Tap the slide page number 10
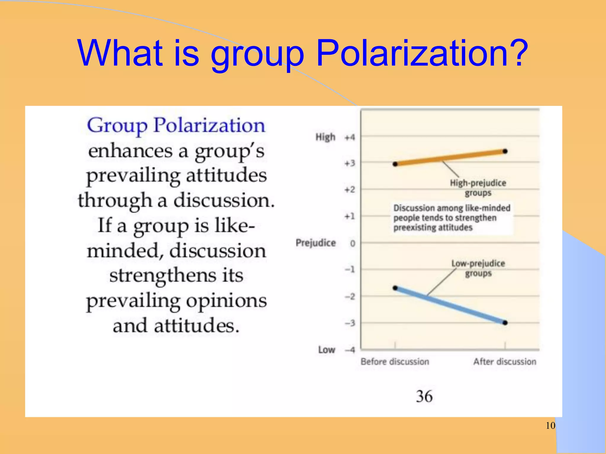coord(550,426)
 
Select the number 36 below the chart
coord(424,396)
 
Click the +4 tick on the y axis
coord(350,137)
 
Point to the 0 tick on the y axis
coord(352,244)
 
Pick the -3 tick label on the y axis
coord(350,323)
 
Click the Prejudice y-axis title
coord(316,243)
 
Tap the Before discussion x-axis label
coord(395,362)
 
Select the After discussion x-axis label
coord(505,362)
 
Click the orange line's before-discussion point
coord(395,164)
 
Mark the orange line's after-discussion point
coord(505,151)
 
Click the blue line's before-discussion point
coord(395,288)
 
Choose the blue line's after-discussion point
coord(505,323)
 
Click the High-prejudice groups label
coord(478,188)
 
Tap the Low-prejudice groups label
coord(478,268)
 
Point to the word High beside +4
coord(325,137)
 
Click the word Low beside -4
coord(327,350)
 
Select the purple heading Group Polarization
coord(176,125)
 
